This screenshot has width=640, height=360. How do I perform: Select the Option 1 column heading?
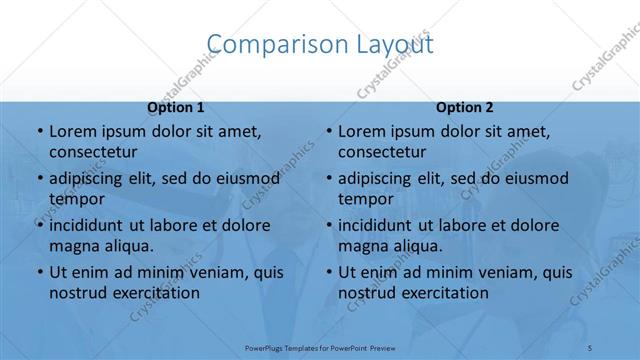[x=176, y=107]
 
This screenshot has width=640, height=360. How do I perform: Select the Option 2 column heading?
[x=465, y=107]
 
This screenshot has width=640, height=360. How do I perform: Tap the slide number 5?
[x=591, y=346]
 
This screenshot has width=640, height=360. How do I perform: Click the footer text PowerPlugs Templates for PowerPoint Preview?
[x=320, y=346]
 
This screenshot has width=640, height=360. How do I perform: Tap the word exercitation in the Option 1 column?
[x=151, y=293]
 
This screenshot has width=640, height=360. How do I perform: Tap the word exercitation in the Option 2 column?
[x=440, y=293]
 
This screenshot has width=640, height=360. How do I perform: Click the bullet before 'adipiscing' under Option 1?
[x=39, y=179]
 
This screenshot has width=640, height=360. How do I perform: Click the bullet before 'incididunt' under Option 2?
[x=328, y=226]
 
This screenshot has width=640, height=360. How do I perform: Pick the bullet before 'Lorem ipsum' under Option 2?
[x=328, y=132]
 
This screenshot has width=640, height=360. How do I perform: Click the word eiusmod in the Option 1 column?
[x=246, y=178]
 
